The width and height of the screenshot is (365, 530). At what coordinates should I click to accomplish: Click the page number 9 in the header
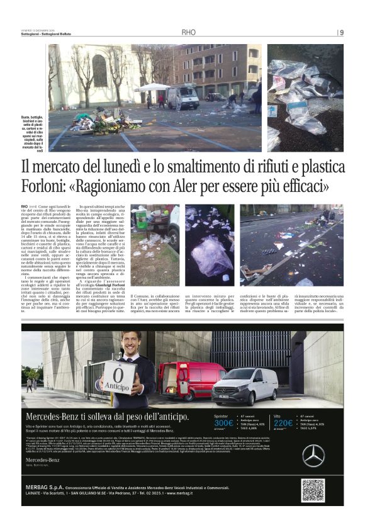click(342, 33)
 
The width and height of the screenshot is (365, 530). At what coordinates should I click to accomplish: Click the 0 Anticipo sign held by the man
click(125, 378)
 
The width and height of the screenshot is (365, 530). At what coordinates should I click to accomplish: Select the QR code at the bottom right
click(313, 507)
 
